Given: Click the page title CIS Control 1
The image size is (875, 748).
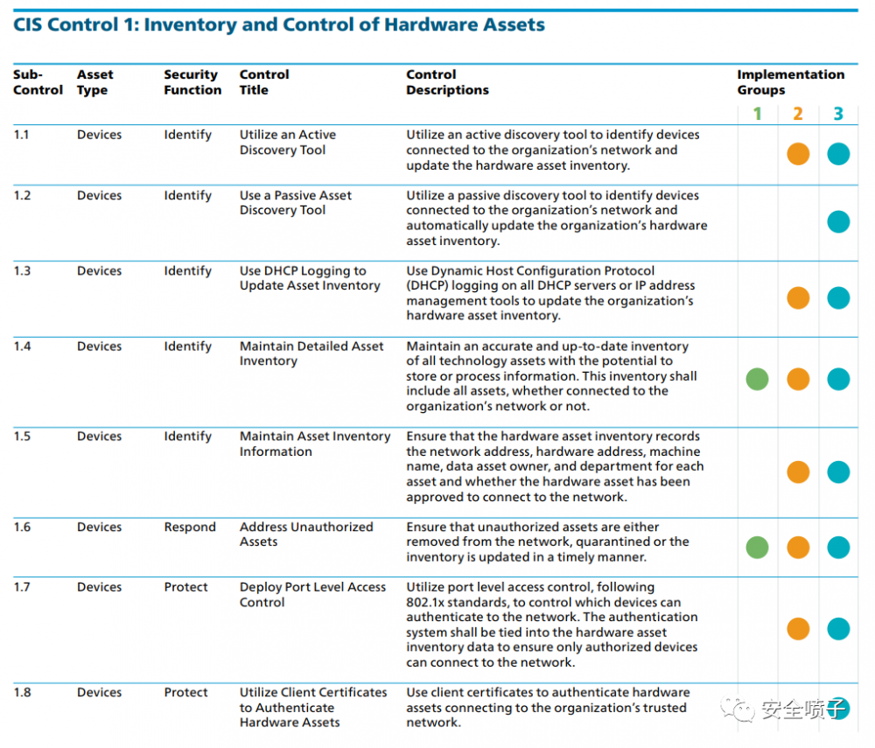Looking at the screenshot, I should pyautogui.click(x=279, y=24).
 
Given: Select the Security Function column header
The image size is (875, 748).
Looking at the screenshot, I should pyautogui.click(x=192, y=82).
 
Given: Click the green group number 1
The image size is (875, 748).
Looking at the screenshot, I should pyautogui.click(x=758, y=114).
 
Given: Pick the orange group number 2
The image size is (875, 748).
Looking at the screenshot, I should pyautogui.click(x=798, y=114).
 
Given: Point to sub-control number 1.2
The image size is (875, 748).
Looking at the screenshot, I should pyautogui.click(x=22, y=195).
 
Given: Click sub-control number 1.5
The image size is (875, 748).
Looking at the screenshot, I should pyautogui.click(x=22, y=437).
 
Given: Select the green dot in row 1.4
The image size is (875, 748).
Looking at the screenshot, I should pyautogui.click(x=758, y=379).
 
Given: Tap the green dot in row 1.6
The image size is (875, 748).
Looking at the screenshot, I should pyautogui.click(x=758, y=548).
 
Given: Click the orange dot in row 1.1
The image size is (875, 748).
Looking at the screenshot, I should pyautogui.click(x=798, y=154).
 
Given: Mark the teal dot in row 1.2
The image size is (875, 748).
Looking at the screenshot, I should pyautogui.click(x=838, y=221).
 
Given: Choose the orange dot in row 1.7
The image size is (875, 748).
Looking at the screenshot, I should pyautogui.click(x=798, y=628).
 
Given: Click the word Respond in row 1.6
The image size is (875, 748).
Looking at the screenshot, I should pyautogui.click(x=190, y=528).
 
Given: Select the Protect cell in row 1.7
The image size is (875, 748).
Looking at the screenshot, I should pyautogui.click(x=186, y=587).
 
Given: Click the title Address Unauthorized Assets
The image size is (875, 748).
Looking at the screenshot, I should pyautogui.click(x=306, y=535).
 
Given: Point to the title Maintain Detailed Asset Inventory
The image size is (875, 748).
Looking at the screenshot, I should pyautogui.click(x=311, y=353).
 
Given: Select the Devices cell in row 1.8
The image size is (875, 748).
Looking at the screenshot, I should pyautogui.click(x=99, y=693).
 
